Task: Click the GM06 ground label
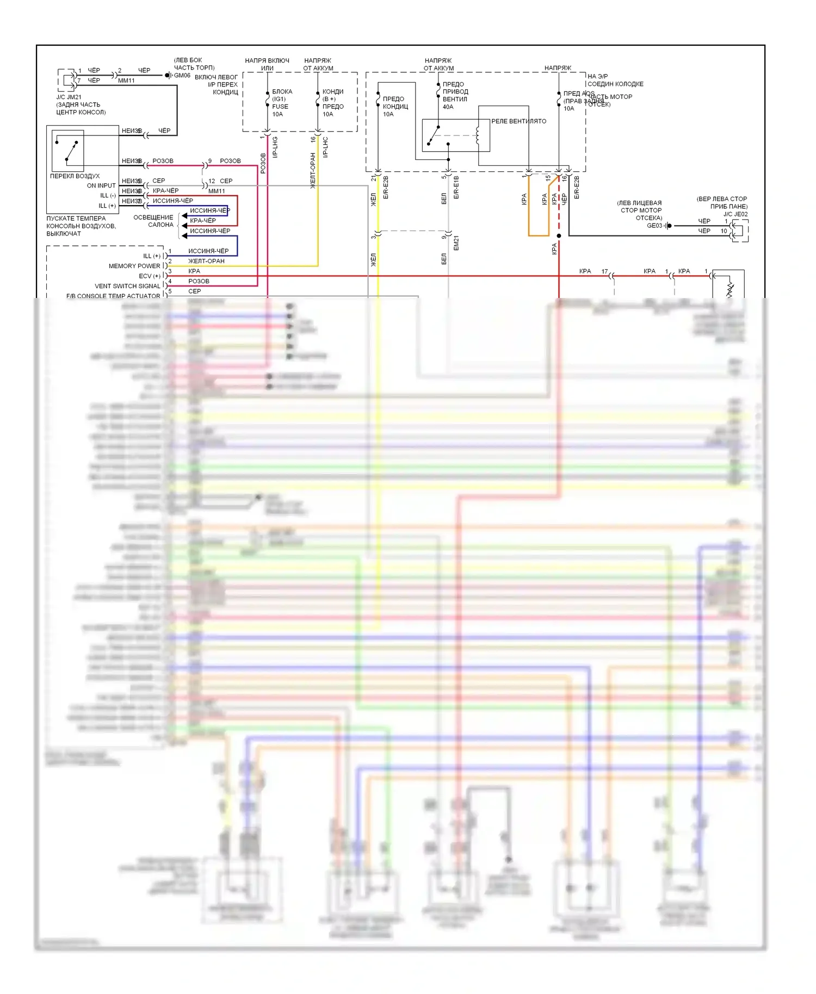coord(182,76)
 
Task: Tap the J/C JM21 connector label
coord(69,97)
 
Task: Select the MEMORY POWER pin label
coord(134,266)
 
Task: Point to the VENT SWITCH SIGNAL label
coord(128,286)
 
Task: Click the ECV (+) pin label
coord(150,276)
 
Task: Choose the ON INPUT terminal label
coord(101,185)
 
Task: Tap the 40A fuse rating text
coord(448,107)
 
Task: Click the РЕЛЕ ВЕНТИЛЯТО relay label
coord(518,121)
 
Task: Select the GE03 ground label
coord(654,226)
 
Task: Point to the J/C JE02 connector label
coord(735,214)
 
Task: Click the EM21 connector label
coord(456,243)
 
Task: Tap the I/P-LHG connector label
coord(275,147)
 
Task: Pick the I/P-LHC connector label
coord(325,147)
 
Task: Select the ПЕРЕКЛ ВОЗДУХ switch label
coord(75,176)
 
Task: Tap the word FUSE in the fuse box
coord(280,107)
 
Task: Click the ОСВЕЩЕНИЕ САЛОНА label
coord(154,221)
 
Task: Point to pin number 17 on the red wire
coord(604,271)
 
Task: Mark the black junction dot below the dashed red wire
coord(559,235)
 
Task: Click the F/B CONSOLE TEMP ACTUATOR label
coord(113,296)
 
